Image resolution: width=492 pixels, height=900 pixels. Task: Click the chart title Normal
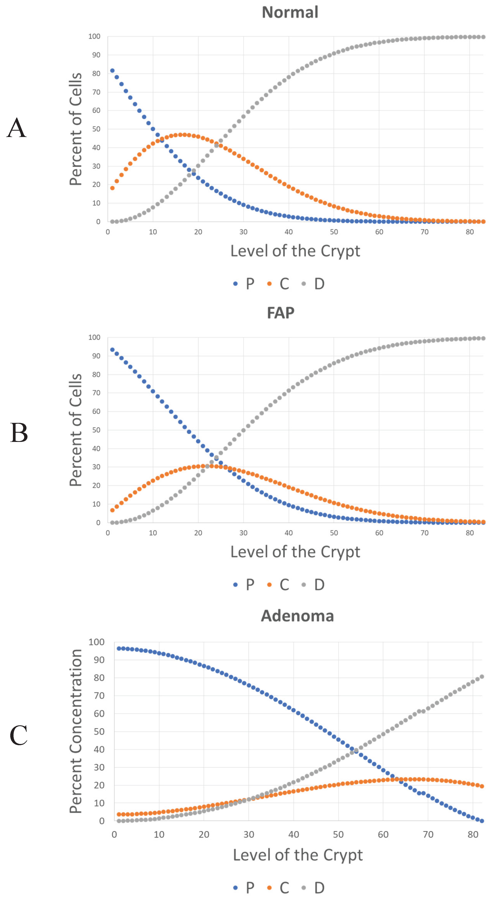point(290,12)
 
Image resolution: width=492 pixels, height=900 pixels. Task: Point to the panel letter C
point(18,735)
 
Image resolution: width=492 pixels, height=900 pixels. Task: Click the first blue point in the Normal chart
point(112,71)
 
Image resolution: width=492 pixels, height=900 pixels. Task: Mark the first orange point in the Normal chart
point(112,188)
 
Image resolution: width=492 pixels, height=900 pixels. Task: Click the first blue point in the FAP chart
point(112,350)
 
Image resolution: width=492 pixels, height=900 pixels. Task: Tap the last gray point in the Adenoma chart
point(482,677)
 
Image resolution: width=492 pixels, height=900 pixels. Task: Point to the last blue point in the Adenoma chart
point(482,821)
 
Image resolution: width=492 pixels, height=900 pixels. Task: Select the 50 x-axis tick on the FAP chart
point(334,533)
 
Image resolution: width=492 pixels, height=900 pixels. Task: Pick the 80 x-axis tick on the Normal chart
point(470,232)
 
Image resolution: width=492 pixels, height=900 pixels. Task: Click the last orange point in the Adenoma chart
point(482,786)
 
